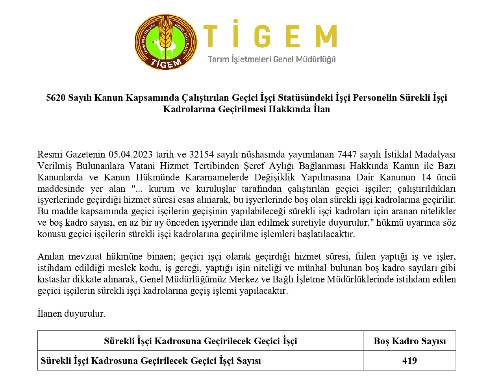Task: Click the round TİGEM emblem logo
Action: point(166,43)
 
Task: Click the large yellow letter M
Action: point(326,37)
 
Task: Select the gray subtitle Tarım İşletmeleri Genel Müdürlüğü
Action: point(272,59)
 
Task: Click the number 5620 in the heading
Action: point(56,98)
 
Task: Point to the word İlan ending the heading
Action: point(322,109)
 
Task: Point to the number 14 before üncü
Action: point(426,177)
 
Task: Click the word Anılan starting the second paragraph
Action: point(50,257)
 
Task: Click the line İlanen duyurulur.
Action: point(71,314)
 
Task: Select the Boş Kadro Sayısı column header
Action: point(409,341)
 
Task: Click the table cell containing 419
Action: point(409,361)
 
